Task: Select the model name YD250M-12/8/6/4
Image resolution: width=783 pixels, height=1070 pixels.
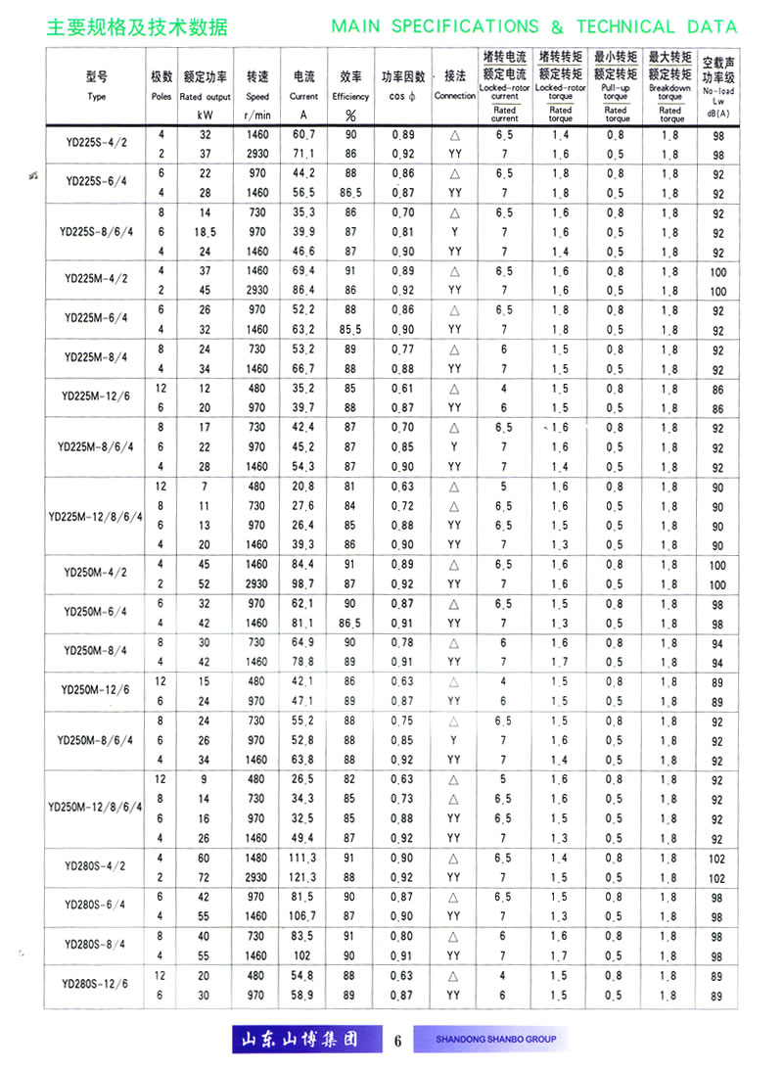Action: [x=96, y=809]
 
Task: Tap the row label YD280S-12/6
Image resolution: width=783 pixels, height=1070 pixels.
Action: [x=96, y=983]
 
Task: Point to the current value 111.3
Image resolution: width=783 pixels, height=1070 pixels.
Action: [x=303, y=858]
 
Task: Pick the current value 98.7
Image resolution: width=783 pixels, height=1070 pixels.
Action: [x=303, y=583]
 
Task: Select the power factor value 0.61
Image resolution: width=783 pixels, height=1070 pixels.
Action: [x=402, y=389]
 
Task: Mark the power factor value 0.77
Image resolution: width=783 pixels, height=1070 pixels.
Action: [x=402, y=349]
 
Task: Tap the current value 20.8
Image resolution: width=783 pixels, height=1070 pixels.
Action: [x=303, y=487]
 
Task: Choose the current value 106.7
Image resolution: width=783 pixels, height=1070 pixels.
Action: [x=303, y=916]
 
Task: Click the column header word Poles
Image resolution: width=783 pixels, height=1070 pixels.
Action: [x=161, y=97]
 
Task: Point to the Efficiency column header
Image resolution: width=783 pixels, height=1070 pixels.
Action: [x=350, y=97]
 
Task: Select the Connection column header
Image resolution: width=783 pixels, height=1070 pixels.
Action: [x=454, y=97]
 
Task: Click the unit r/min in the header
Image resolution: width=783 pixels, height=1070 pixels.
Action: [x=257, y=116]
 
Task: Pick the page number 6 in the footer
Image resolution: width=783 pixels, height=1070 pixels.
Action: [x=397, y=1040]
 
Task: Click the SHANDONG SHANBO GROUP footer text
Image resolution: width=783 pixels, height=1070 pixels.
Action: [x=495, y=1039]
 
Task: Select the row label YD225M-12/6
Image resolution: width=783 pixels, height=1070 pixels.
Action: [x=96, y=396]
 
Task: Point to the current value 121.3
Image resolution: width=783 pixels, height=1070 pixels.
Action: [x=303, y=877]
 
